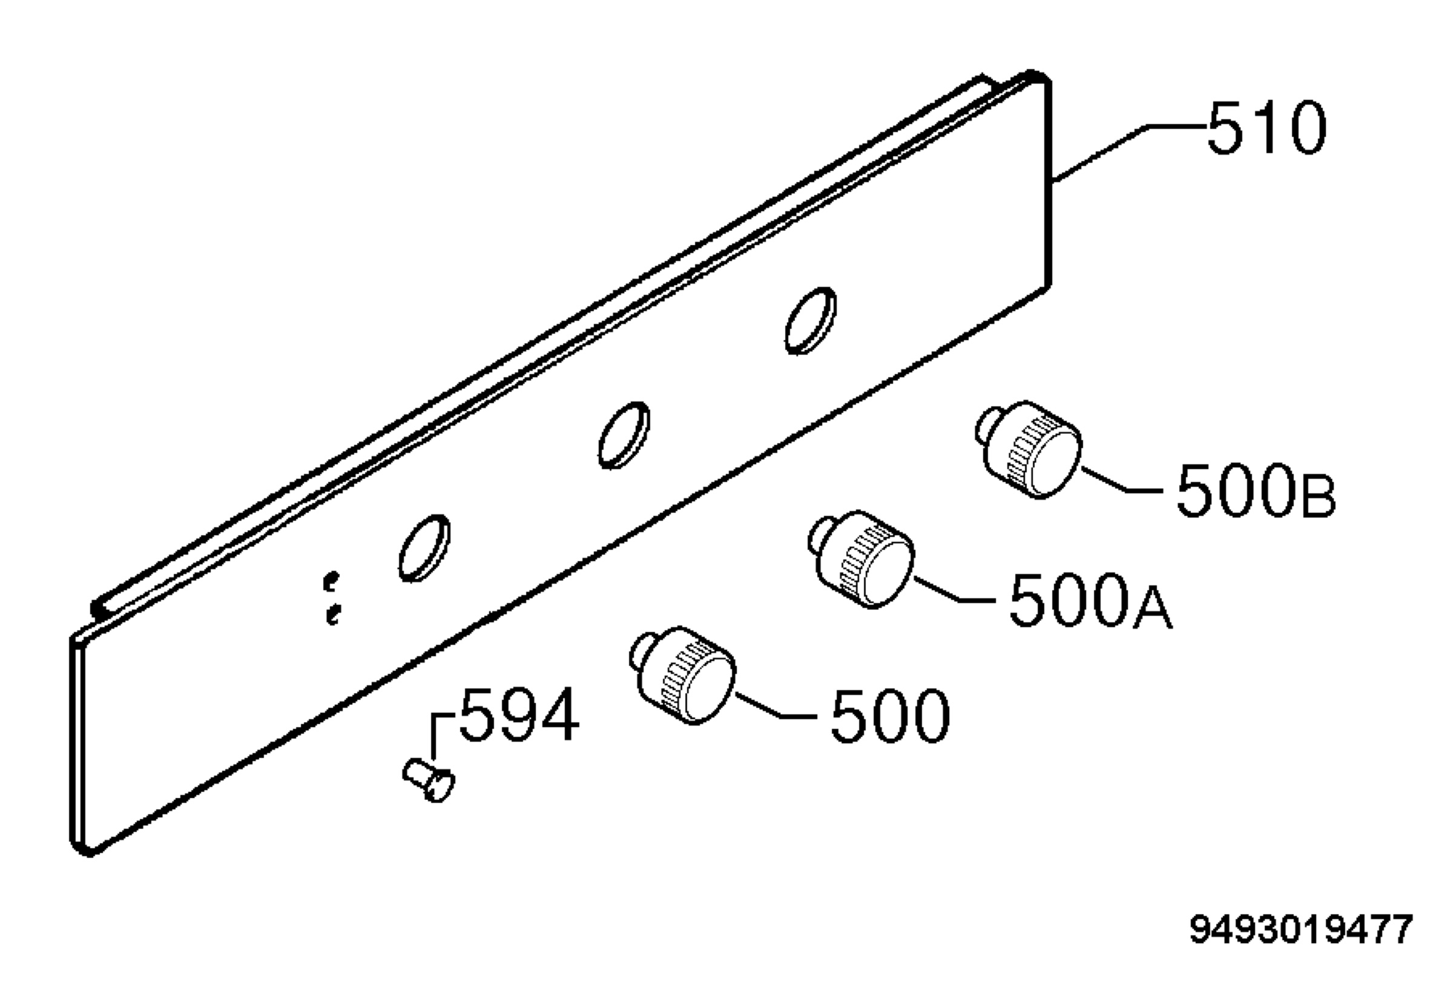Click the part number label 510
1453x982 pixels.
pos(1265,128)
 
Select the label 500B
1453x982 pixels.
pos(1256,490)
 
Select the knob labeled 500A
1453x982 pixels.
pos(862,559)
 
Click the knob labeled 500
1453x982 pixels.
pos(683,675)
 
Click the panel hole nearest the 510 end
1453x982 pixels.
pos(810,321)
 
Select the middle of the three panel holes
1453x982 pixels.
pos(624,435)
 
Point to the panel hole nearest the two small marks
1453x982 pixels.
pos(424,547)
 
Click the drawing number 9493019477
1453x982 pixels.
pos(1300,929)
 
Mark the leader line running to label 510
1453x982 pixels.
pos(1129,154)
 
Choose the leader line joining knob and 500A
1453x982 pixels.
pos(955,589)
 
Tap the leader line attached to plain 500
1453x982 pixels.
pos(776,704)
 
